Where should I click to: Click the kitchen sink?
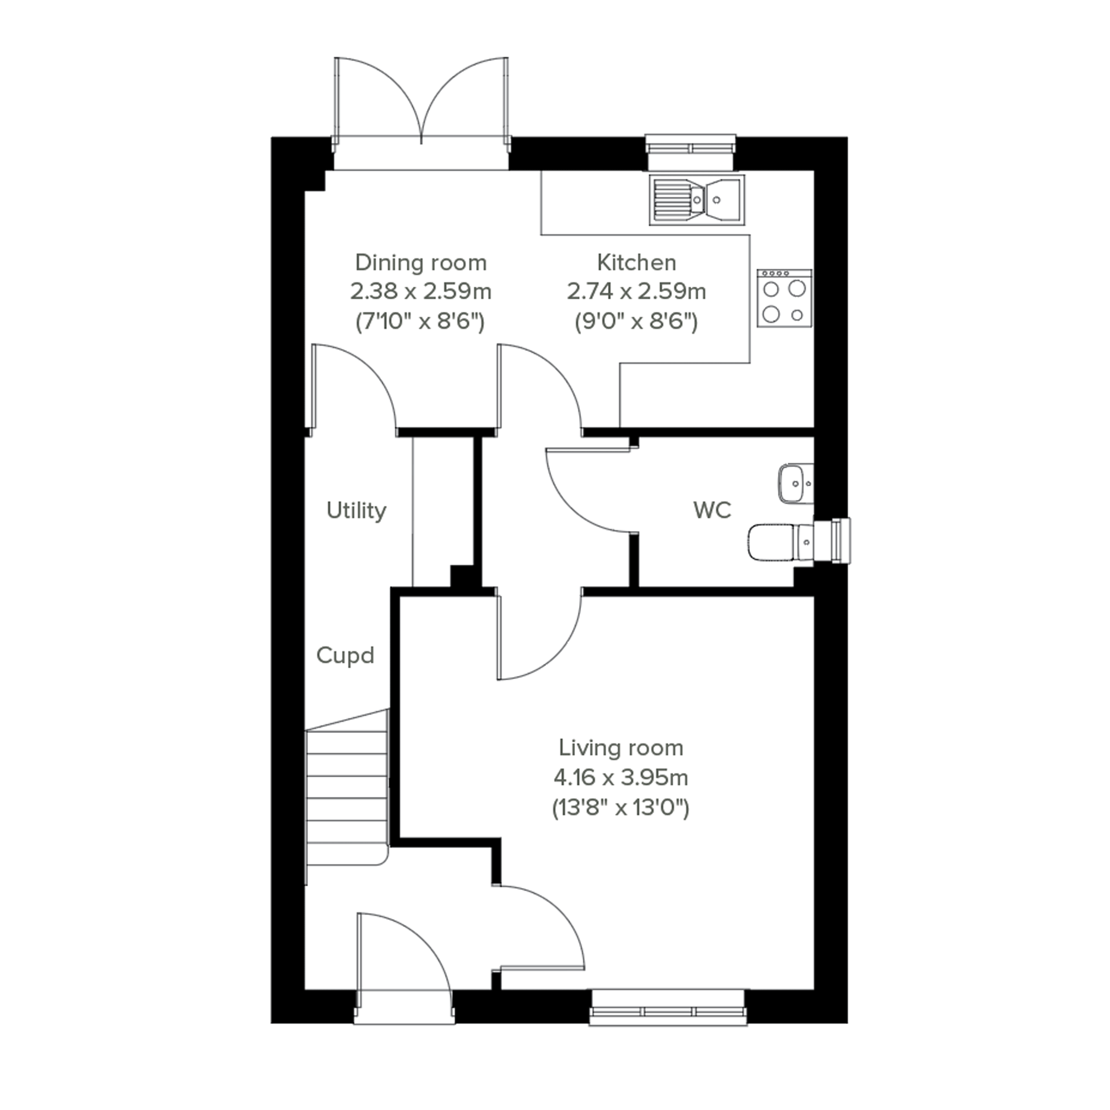click(x=697, y=200)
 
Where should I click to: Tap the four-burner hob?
click(x=784, y=298)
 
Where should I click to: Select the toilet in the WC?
click(x=781, y=541)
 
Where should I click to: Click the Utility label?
click(x=356, y=510)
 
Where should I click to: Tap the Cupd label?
click(x=345, y=655)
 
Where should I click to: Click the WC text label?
click(x=713, y=510)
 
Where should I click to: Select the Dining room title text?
click(x=420, y=263)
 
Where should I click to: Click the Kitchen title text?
click(x=636, y=263)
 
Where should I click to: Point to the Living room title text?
click(x=621, y=748)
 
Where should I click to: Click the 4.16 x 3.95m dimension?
click(x=621, y=777)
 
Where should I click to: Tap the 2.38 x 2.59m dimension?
click(x=420, y=291)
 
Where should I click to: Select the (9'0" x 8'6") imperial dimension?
click(x=636, y=321)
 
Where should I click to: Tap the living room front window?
click(x=668, y=1008)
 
